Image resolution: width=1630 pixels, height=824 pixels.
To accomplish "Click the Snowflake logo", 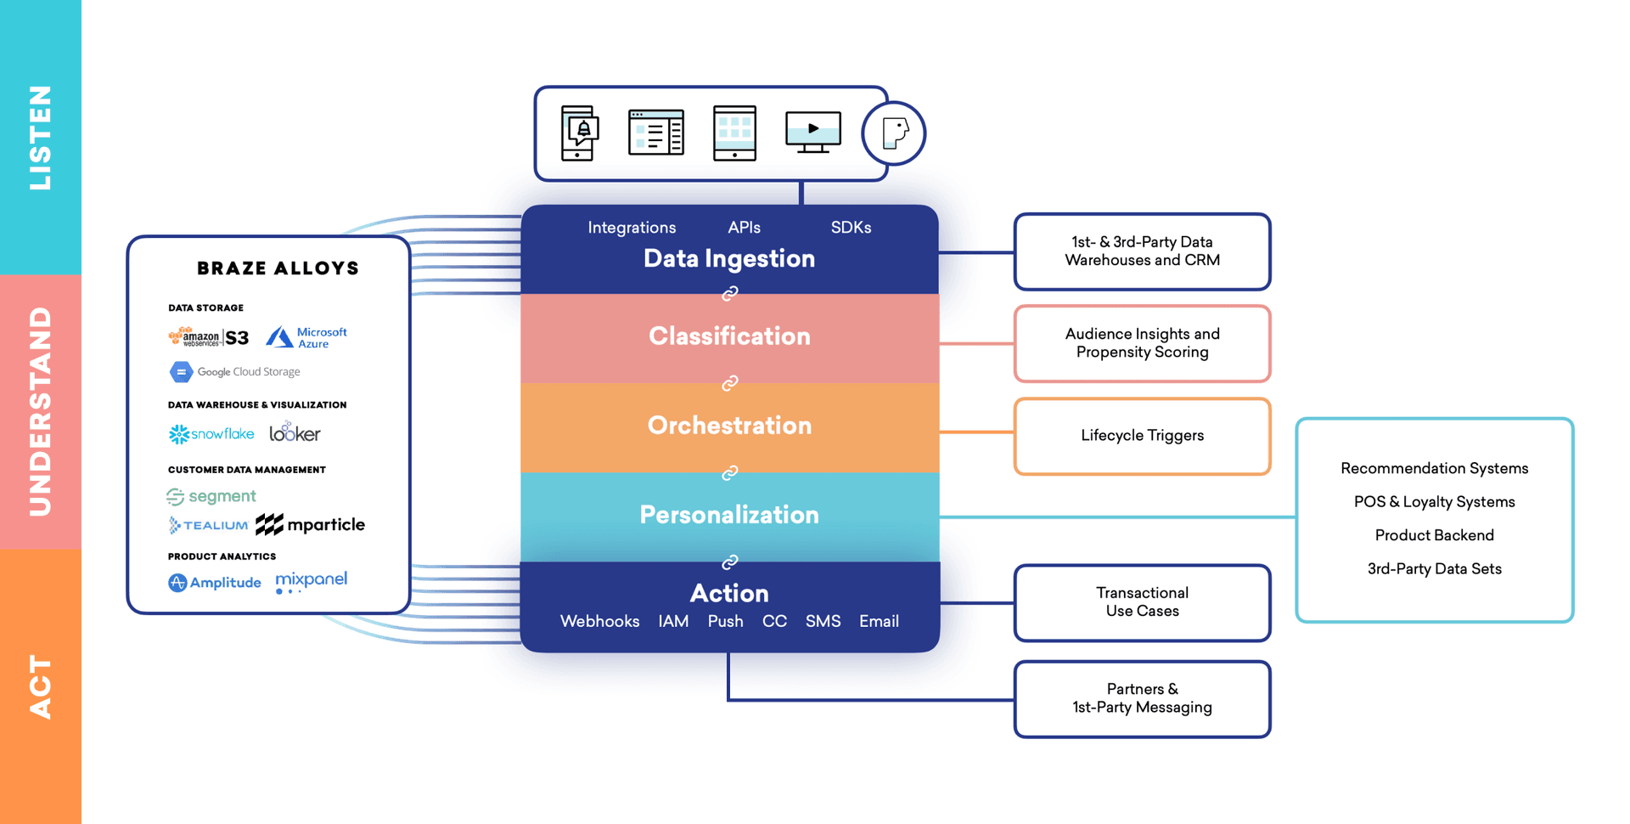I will click(x=211, y=434).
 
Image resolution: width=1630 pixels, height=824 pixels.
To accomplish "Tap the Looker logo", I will click(x=295, y=433).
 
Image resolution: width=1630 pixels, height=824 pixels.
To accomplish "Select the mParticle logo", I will click(x=311, y=525).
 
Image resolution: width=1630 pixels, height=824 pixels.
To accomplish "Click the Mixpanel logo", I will click(x=311, y=581).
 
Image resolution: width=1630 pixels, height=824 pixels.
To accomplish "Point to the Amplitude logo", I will click(x=215, y=583).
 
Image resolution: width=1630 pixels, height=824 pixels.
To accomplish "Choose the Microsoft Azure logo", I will click(x=306, y=337).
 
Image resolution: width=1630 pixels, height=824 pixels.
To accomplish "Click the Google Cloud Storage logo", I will click(x=235, y=372).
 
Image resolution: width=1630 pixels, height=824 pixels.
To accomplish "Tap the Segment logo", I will click(x=211, y=496).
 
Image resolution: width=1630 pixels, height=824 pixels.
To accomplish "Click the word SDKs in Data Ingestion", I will click(x=851, y=228).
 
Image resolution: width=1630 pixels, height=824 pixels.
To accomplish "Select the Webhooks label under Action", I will click(x=599, y=622).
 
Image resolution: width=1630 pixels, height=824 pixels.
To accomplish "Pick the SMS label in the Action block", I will click(x=823, y=622).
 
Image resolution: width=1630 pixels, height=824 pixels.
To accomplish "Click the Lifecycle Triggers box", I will click(x=1142, y=436).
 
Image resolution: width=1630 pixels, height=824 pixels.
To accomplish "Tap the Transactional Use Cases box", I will click(x=1142, y=602).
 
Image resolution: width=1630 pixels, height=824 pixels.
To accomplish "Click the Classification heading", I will click(x=729, y=336).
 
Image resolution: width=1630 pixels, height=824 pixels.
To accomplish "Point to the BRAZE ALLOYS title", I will click(x=278, y=268).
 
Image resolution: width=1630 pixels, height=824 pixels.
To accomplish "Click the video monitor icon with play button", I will click(x=812, y=132).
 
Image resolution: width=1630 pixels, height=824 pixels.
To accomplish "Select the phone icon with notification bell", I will click(x=580, y=133).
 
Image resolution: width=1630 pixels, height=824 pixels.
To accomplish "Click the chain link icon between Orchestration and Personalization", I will click(x=729, y=473).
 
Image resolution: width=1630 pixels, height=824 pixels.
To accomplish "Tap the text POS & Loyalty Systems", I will click(x=1434, y=502).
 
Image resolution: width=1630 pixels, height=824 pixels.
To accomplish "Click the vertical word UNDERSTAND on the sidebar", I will click(x=41, y=412).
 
